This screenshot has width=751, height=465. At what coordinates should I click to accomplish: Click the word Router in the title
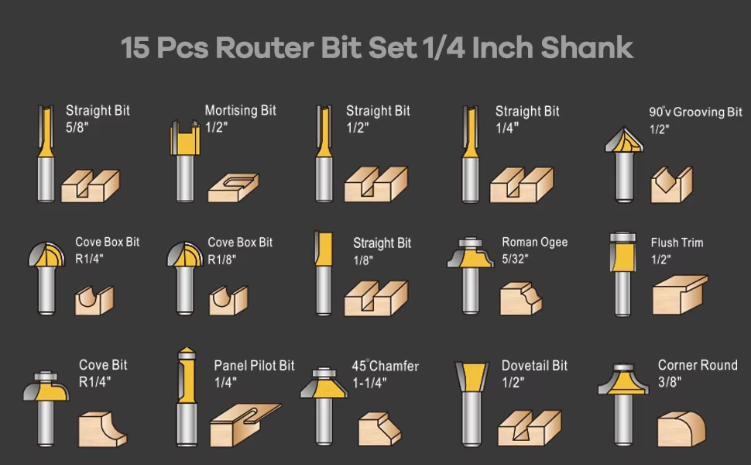pyautogui.click(x=265, y=48)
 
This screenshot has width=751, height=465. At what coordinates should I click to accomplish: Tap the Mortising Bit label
pyautogui.click(x=241, y=111)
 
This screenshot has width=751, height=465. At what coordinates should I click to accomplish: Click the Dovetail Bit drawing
pyautogui.click(x=472, y=404)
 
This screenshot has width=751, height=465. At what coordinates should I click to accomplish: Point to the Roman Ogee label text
pyautogui.click(x=534, y=243)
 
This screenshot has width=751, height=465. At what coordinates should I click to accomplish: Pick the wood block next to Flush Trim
pyautogui.click(x=680, y=294)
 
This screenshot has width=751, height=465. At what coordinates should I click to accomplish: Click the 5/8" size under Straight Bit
pyautogui.click(x=77, y=128)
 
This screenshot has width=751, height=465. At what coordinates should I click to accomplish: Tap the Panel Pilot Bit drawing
pyautogui.click(x=187, y=397)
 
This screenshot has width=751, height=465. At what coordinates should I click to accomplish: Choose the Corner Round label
pyautogui.click(x=698, y=365)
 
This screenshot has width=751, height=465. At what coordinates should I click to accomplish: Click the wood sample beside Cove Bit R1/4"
pyautogui.click(x=102, y=429)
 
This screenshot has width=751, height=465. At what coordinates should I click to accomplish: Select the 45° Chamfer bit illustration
pyautogui.click(x=324, y=406)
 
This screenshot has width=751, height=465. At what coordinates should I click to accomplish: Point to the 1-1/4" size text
pyautogui.click(x=369, y=383)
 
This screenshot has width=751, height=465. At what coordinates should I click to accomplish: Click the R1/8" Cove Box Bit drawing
pyautogui.click(x=185, y=278)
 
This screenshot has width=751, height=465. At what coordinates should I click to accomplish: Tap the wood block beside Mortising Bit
pyautogui.click(x=233, y=188)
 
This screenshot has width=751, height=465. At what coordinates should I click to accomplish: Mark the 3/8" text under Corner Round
pyautogui.click(x=670, y=382)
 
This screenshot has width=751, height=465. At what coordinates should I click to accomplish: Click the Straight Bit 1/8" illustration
pyautogui.click(x=324, y=274)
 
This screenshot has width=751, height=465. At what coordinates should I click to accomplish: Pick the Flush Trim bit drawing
pyautogui.click(x=622, y=274)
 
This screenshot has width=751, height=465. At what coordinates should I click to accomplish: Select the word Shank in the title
pyautogui.click(x=587, y=48)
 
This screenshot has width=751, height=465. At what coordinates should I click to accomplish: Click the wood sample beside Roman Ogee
pyautogui.click(x=520, y=298)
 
